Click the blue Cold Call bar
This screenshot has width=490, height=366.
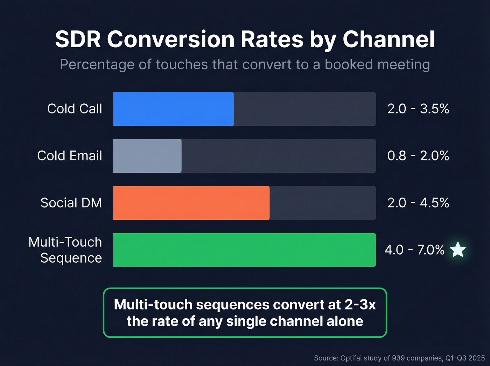(173, 109)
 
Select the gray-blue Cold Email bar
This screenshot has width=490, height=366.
(147, 156)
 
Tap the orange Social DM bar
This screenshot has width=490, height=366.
(191, 203)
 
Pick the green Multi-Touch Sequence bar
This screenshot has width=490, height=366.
(244, 250)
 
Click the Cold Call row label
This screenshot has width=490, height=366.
(75, 109)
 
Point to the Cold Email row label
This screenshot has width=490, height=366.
(69, 156)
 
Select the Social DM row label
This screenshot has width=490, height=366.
(71, 203)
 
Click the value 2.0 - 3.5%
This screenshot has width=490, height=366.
(418, 109)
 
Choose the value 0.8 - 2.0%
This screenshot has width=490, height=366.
(418, 156)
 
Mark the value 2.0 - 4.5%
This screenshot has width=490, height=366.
(418, 203)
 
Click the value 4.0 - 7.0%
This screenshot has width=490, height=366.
(414, 250)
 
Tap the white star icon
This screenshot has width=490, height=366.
(457, 250)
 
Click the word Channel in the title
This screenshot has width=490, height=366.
(388, 39)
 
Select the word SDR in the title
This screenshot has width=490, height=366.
(78, 39)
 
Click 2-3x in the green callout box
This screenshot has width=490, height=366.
(360, 305)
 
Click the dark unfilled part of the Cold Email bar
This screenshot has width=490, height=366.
(278, 156)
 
